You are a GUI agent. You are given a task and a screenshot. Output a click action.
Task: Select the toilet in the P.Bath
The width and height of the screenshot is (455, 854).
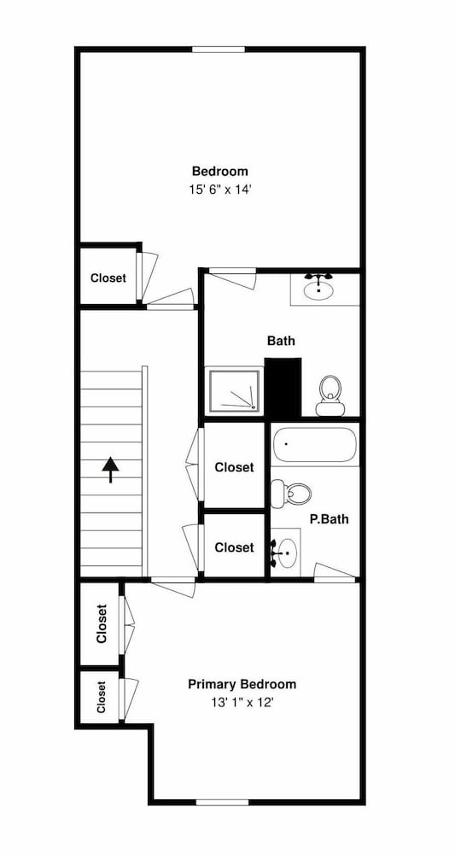[x=291, y=494]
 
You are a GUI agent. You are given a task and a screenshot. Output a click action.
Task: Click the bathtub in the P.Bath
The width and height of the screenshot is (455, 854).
[x=315, y=444]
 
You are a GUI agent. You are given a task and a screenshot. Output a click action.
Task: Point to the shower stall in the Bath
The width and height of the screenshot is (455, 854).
[x=235, y=390]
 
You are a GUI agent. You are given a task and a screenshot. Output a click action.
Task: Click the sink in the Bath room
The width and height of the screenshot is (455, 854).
[x=318, y=288]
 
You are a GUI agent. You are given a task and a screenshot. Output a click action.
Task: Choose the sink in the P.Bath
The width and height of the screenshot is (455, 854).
[x=285, y=552]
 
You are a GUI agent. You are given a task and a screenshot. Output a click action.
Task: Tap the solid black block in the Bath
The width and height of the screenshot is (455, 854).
[x=283, y=388]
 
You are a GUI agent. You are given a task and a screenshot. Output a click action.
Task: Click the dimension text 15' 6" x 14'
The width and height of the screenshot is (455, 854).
[x=220, y=190]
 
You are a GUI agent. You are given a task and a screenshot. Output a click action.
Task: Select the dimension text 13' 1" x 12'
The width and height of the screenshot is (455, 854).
[x=242, y=703]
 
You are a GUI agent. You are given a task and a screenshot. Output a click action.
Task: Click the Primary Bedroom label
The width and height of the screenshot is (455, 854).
[x=242, y=684]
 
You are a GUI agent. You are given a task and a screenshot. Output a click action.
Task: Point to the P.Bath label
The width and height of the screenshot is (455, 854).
[x=330, y=519]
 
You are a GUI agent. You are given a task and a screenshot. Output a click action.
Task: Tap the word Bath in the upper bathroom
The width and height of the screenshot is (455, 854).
[x=282, y=341]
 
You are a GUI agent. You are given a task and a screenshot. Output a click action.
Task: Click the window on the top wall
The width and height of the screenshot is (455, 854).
[x=219, y=50]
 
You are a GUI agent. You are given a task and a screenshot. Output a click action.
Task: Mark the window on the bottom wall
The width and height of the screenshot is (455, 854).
[x=222, y=802]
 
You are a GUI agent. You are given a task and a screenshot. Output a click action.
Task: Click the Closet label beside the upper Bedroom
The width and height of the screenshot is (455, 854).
[x=108, y=278]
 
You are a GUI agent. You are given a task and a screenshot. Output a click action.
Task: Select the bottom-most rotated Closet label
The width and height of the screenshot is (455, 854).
[x=102, y=697]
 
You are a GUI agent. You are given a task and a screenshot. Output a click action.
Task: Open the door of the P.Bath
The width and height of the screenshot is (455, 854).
[x=335, y=573]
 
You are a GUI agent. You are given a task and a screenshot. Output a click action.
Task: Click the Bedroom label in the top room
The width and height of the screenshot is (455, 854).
[x=220, y=171]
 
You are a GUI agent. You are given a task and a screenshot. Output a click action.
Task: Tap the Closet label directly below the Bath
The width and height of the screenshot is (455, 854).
[x=234, y=467]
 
